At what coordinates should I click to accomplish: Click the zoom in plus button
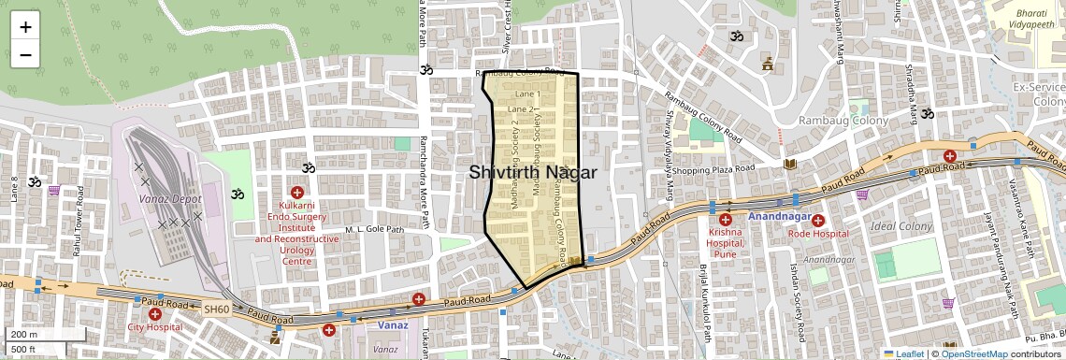(25, 26)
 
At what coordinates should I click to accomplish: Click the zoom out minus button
(25, 54)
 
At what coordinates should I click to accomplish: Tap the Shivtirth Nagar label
(532, 172)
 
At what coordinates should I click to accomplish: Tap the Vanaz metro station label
(394, 325)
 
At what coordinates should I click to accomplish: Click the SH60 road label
(216, 309)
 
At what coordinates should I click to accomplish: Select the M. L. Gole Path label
(374, 229)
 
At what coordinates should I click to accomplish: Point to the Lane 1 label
(527, 94)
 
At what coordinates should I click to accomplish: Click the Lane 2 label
(519, 109)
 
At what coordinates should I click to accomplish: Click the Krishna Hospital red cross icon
(725, 219)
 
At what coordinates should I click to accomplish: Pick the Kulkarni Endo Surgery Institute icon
(296, 192)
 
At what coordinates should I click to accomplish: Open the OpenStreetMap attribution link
(973, 353)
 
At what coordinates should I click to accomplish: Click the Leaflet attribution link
(904, 353)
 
